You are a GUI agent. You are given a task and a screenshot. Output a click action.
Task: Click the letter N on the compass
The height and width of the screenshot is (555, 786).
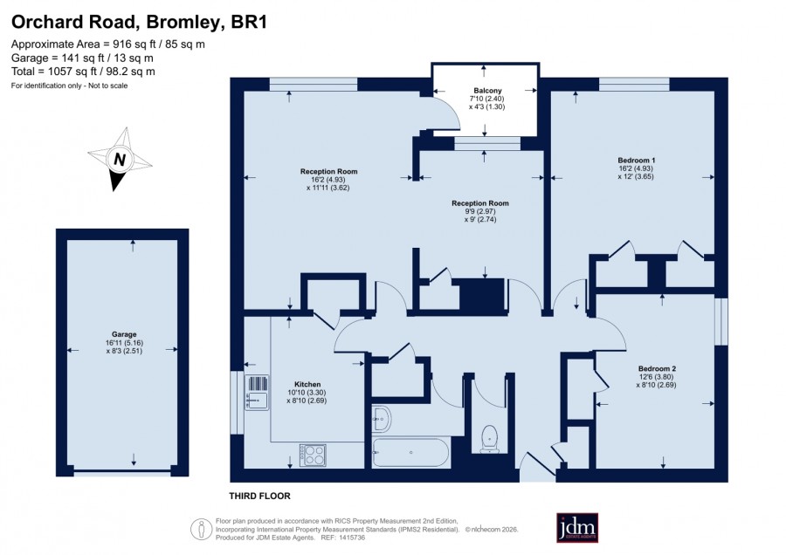coord(120,160)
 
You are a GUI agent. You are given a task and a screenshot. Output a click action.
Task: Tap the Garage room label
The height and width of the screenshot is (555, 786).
coord(124,334)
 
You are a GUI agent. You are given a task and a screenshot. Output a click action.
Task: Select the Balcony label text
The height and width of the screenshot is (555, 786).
coord(487,91)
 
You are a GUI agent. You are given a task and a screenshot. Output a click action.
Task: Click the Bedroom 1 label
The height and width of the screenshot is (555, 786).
coord(636,161)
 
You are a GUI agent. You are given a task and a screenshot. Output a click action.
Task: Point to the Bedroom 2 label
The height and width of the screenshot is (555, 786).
coord(657,368)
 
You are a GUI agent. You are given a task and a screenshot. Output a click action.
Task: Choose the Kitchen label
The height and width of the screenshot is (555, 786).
coord(307,385)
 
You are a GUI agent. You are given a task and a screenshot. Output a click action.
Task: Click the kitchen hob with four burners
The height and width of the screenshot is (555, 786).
coord(313,456)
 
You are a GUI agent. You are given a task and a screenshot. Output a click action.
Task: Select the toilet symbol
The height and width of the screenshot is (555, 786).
coord(489,439)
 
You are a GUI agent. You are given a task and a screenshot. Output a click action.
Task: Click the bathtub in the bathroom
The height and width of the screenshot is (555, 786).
coord(410,453)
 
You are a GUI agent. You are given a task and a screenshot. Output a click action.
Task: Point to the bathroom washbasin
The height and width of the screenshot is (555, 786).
coord(382,418)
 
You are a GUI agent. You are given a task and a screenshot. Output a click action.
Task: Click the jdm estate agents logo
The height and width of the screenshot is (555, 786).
coord(577,527)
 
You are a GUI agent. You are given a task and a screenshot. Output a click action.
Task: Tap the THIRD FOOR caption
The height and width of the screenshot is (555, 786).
coord(259,496)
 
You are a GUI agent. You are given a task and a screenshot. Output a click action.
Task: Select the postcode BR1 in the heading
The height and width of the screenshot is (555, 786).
coord(249,22)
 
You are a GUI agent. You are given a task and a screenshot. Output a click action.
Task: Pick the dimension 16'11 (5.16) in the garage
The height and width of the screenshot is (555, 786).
coord(124,343)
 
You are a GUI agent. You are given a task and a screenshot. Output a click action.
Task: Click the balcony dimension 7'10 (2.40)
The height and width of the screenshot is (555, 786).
coord(486,99)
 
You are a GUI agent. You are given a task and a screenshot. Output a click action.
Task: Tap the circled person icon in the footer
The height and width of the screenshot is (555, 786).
coord(202,529)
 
